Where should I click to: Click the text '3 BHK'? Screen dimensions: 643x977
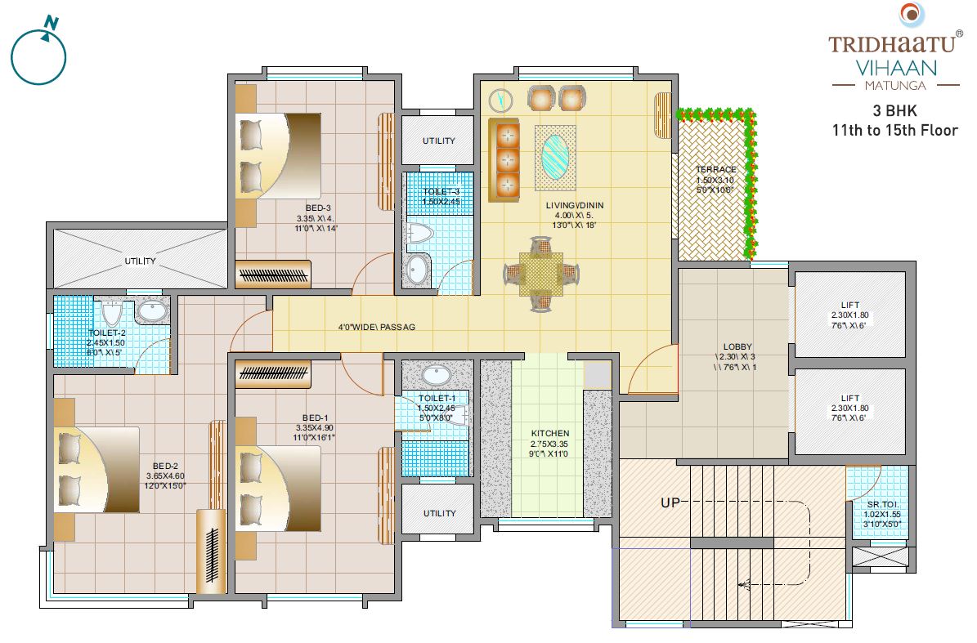(x=894, y=110)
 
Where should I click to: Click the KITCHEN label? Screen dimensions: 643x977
(x=550, y=433)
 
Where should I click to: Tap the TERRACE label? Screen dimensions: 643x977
(x=715, y=170)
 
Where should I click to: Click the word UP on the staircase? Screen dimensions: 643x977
(x=670, y=502)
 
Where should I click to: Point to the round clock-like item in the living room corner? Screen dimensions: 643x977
(x=499, y=100)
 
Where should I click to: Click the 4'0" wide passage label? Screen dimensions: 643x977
(x=377, y=327)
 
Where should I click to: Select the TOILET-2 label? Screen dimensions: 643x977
(x=107, y=333)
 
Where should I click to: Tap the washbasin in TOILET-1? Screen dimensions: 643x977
(x=438, y=377)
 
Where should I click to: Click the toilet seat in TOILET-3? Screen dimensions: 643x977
(x=419, y=234)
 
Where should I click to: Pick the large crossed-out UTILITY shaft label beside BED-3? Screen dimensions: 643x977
(x=140, y=261)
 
